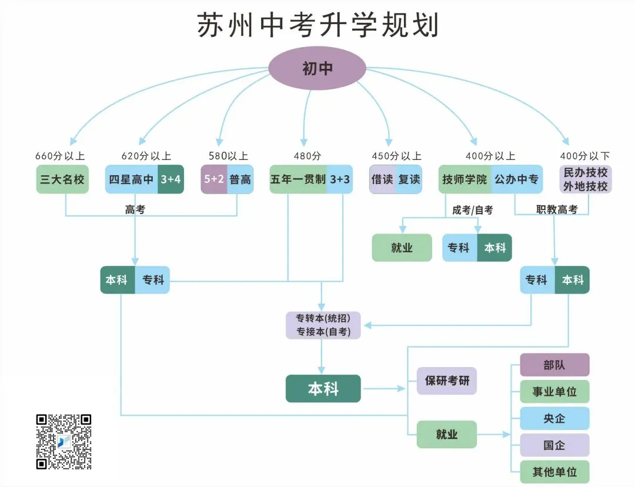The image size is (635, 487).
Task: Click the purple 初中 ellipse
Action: (x=317, y=69)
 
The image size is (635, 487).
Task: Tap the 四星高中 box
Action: (x=131, y=179)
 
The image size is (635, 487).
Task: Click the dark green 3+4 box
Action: (x=171, y=179)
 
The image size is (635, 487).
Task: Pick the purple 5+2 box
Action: (x=214, y=179)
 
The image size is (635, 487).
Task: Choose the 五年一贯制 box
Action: (x=298, y=179)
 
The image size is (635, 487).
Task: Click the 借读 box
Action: (x=382, y=179)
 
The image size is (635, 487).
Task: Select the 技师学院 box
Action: (x=464, y=179)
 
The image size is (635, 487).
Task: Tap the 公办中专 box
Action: (x=516, y=179)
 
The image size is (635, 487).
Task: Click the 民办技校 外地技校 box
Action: (x=586, y=179)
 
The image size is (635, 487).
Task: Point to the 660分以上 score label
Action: (x=60, y=156)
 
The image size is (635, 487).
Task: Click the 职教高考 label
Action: (x=557, y=209)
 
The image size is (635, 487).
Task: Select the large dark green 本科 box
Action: (x=323, y=389)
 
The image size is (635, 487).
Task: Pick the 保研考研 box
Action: (x=447, y=381)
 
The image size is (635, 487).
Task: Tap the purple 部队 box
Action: (x=554, y=365)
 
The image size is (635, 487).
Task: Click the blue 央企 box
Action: (x=554, y=418)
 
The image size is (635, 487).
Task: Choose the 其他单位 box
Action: (x=554, y=472)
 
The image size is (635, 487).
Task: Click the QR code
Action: (x=64, y=442)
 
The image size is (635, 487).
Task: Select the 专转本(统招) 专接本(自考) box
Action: (x=323, y=325)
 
